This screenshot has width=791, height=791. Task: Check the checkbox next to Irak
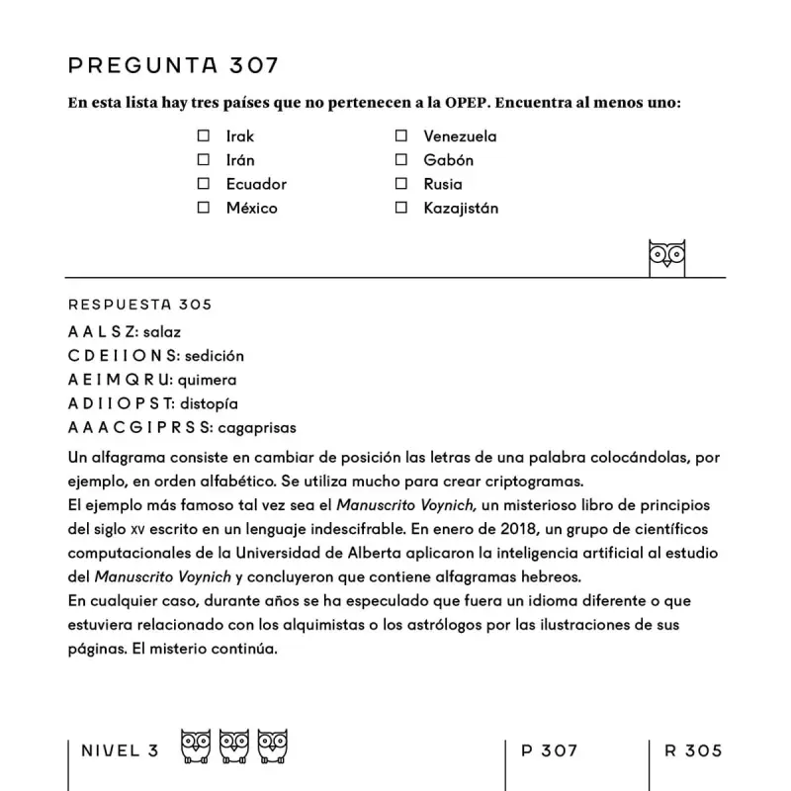click(204, 136)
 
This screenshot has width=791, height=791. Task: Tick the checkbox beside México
click(204, 208)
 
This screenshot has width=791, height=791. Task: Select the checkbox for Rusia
click(401, 184)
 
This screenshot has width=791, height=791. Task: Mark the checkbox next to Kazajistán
click(401, 208)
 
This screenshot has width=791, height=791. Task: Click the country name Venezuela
click(460, 136)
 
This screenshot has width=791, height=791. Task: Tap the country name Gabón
click(448, 160)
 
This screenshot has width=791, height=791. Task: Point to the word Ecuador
click(256, 184)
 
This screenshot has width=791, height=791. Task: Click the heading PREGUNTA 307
click(173, 66)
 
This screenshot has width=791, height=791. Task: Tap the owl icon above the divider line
click(666, 257)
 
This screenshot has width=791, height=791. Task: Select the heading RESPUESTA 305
click(139, 305)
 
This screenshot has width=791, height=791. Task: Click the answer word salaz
click(162, 332)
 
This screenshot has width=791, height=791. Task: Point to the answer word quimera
click(207, 380)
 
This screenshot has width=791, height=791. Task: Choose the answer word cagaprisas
click(258, 427)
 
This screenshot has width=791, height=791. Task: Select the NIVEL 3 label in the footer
click(120, 750)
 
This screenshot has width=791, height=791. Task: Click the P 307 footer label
click(549, 750)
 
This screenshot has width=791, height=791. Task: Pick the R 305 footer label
click(693, 750)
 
